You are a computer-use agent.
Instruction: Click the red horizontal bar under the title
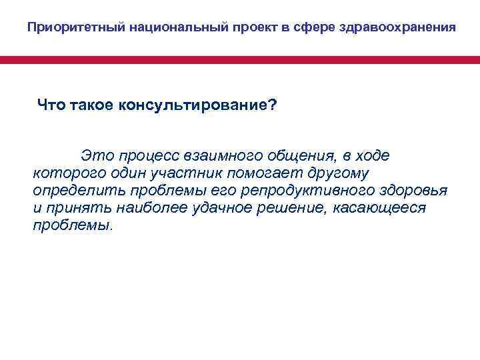pyautogui.click(x=240, y=60)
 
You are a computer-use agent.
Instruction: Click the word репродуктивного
pyautogui.click(x=299, y=191)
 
